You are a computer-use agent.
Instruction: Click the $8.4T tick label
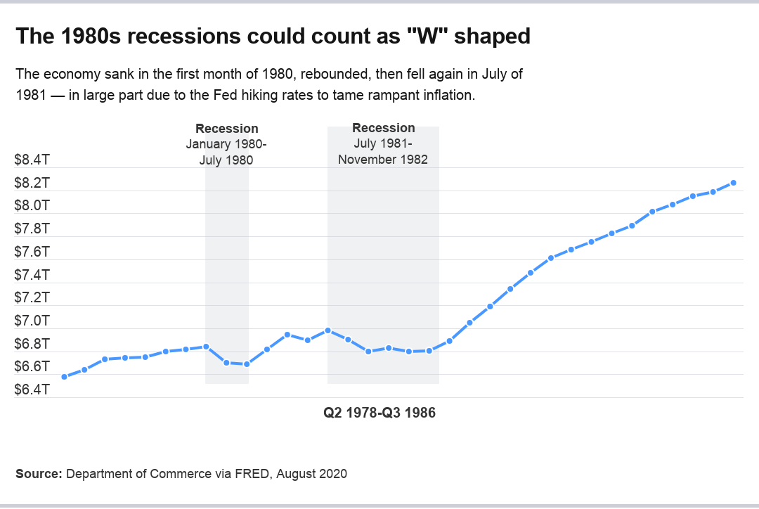coord(32,160)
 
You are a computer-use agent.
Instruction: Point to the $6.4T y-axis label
coord(32,389)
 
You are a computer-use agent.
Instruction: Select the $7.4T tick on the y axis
coord(32,275)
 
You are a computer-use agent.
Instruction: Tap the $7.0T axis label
coord(32,321)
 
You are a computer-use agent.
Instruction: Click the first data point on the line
coord(64,377)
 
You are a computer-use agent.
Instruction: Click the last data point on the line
coord(734,183)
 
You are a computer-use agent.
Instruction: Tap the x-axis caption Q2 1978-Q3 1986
coord(379,413)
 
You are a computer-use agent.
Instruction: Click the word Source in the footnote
coord(38,474)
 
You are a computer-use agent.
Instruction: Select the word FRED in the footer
coord(252,474)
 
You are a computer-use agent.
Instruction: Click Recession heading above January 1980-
coord(226,129)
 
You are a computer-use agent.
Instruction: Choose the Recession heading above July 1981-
coord(383,128)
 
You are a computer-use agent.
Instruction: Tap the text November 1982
coord(383,159)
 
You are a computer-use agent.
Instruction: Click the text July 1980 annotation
coord(226,160)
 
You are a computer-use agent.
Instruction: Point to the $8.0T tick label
coord(32,206)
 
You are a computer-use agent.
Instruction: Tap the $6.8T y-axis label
coord(32,344)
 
